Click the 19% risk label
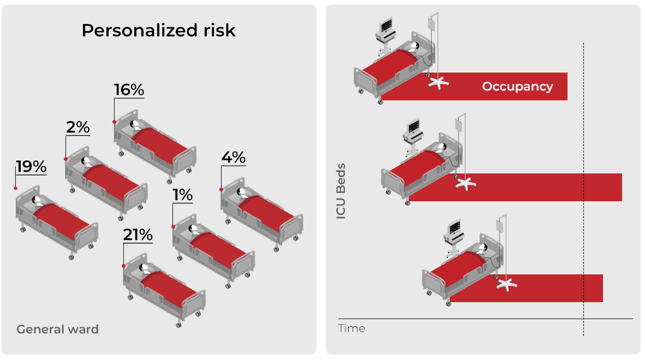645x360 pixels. pyautogui.click(x=31, y=167)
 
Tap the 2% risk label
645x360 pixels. pyautogui.click(x=77, y=127)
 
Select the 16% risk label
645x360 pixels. pyautogui.click(x=129, y=90)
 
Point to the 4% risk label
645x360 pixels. pyautogui.click(x=233, y=158)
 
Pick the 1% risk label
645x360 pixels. pyautogui.click(x=182, y=195)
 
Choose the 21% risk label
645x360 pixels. pyautogui.click(x=138, y=235)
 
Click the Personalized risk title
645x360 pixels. pyautogui.click(x=159, y=31)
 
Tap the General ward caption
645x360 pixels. pyautogui.click(x=57, y=329)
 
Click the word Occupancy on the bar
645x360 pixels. pyautogui.click(x=517, y=86)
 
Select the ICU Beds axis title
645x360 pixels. pyautogui.click(x=341, y=190)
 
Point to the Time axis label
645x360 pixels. pyautogui.click(x=351, y=328)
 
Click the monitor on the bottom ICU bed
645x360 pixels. pyautogui.click(x=454, y=227)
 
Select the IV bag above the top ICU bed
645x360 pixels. pyautogui.click(x=432, y=25)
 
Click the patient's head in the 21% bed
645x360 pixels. pyautogui.click(x=145, y=268)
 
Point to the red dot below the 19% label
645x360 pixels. pyautogui.click(x=16, y=188)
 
